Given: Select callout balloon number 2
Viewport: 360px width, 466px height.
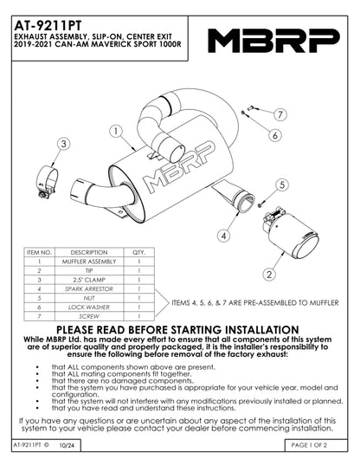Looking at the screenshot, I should tap(270, 274).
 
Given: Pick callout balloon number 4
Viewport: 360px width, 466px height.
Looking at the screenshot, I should tap(223, 235).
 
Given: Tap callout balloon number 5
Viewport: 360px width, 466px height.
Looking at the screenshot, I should tap(282, 184).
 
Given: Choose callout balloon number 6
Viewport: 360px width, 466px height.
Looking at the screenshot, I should tap(273, 135).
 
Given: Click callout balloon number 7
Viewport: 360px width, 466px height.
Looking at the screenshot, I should tap(281, 114).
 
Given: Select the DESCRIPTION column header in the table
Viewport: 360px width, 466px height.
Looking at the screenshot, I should tap(88, 252).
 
